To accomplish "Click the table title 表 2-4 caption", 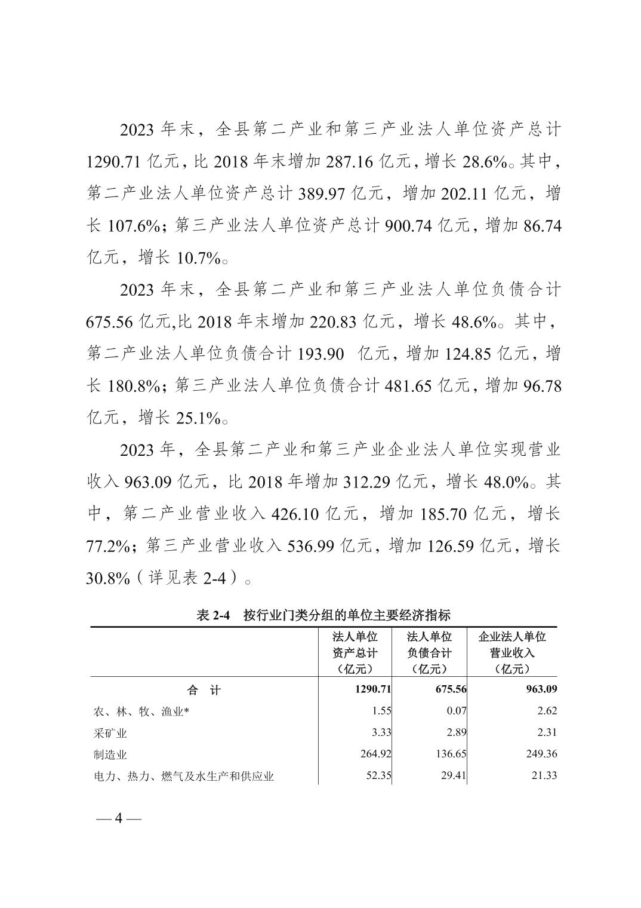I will (323, 616).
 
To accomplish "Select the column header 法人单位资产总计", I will (355, 652).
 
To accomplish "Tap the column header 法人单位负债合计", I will (429, 652).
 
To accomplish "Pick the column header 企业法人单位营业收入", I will (512, 652).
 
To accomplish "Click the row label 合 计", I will (204, 690).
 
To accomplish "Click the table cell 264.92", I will (375, 754).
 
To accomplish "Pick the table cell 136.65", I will (449, 754).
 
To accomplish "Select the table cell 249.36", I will (541, 754).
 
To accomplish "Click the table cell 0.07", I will (455, 711).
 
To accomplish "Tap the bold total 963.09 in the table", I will (541, 689).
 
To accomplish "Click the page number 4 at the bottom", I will (118, 818).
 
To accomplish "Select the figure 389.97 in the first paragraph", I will (321, 194).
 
